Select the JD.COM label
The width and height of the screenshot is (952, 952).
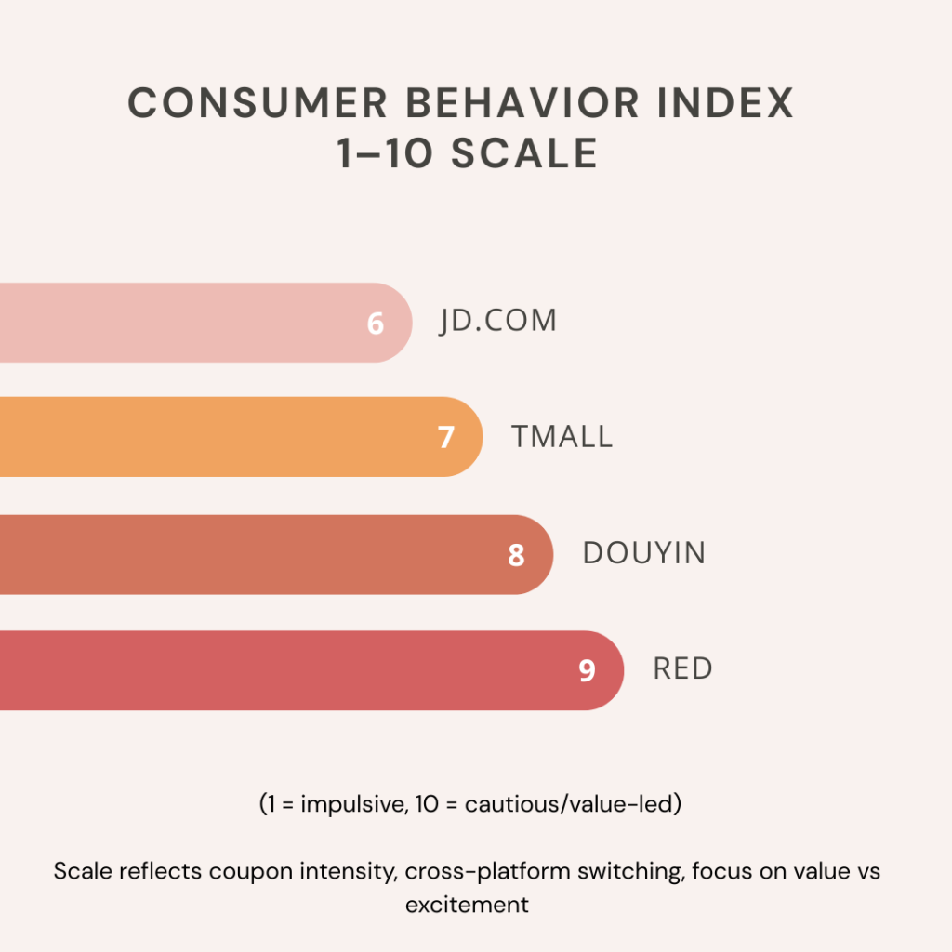click(498, 321)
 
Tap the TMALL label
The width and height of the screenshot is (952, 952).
click(562, 436)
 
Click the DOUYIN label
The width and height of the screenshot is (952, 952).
click(644, 553)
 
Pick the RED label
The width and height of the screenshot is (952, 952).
click(683, 668)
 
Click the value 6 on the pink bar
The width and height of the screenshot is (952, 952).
click(376, 324)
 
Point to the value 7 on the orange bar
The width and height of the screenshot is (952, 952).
click(446, 438)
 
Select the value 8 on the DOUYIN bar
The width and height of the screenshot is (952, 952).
click(516, 555)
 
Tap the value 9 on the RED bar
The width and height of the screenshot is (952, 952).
click(587, 671)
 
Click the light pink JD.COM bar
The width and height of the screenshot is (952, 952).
click(186, 323)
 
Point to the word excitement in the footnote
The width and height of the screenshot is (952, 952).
click(467, 905)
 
